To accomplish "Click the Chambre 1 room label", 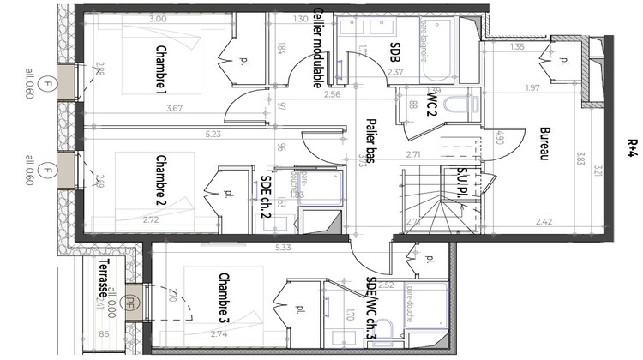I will pos(160,69).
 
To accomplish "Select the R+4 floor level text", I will pos(632,151).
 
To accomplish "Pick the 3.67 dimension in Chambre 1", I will pos(176,108).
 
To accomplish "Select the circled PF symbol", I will pos(131,301).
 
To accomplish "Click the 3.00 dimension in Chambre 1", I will pos(158,19).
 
